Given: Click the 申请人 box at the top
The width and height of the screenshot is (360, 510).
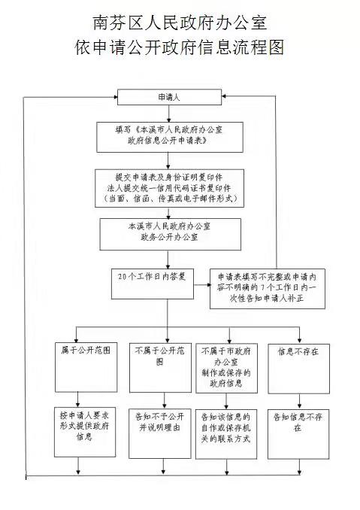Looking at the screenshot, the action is click(169, 97).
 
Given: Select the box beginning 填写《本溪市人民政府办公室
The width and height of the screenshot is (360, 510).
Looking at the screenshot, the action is click(170, 137).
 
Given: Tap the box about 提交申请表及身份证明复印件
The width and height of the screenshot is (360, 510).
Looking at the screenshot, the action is click(169, 188).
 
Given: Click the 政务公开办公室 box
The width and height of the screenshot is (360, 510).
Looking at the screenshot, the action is click(171, 234).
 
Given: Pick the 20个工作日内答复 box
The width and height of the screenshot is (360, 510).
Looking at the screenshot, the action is click(153, 284).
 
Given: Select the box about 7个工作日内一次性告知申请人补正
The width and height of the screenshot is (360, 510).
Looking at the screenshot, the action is click(268, 289).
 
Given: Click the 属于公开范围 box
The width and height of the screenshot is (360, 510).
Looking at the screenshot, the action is click(86, 368).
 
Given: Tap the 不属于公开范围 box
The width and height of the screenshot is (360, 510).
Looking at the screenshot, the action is click(160, 368).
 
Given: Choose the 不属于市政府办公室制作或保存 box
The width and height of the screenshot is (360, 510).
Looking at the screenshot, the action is click(226, 368).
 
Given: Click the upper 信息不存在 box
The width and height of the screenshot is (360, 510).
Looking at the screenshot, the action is click(298, 369).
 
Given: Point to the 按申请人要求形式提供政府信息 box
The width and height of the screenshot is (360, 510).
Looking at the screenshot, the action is click(85, 432).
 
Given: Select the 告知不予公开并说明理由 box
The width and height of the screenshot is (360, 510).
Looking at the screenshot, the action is click(160, 433).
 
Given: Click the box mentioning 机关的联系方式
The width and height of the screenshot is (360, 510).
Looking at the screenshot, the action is click(226, 434).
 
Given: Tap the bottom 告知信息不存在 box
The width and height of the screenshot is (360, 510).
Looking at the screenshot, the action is click(298, 434).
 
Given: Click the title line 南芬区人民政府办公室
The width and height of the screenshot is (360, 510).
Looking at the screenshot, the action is click(180, 23).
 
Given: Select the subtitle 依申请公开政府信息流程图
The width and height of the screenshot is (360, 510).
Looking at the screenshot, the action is click(180, 47).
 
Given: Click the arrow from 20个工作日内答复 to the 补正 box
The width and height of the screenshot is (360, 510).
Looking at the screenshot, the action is click(201, 285).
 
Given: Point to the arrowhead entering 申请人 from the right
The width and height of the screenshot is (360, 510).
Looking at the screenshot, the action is click(224, 96).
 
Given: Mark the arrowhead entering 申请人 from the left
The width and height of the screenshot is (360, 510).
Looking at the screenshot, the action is click(115, 97).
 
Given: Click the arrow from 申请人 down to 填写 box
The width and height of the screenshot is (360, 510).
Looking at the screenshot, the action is click(168, 114).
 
